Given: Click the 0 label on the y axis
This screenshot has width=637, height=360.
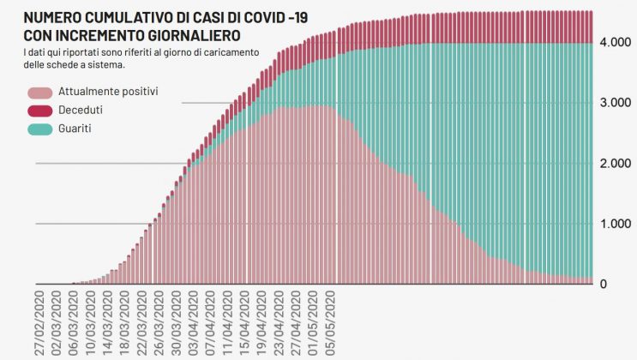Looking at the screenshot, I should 604,285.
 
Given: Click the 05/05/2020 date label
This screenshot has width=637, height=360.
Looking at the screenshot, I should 331,321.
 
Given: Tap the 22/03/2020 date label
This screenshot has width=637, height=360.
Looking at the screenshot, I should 142,321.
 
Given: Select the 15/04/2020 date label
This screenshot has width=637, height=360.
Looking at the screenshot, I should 243,321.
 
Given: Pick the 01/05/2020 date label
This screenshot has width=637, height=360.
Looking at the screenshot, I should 314,321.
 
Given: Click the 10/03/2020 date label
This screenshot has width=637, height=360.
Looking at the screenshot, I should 91,321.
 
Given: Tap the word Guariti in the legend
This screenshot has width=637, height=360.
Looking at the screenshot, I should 75,128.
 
